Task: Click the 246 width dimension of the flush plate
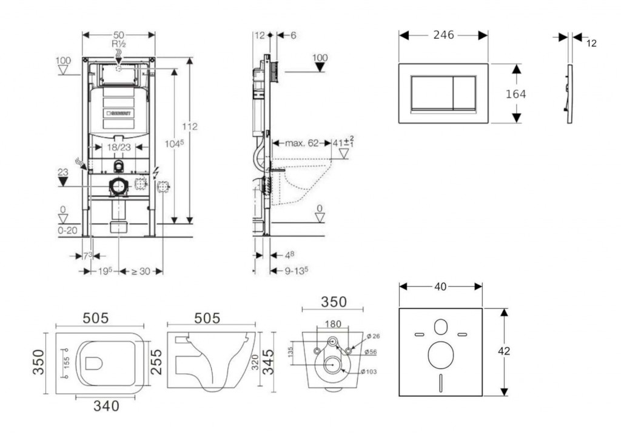443,36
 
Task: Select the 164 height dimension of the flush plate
515,94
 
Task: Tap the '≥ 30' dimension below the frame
141,271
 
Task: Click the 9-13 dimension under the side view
297,271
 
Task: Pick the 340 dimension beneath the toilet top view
106,407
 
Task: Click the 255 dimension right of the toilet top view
156,362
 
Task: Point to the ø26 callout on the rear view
372,336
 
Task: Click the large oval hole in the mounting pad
440,355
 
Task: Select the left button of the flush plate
431,93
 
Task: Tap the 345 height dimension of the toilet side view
267,362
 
